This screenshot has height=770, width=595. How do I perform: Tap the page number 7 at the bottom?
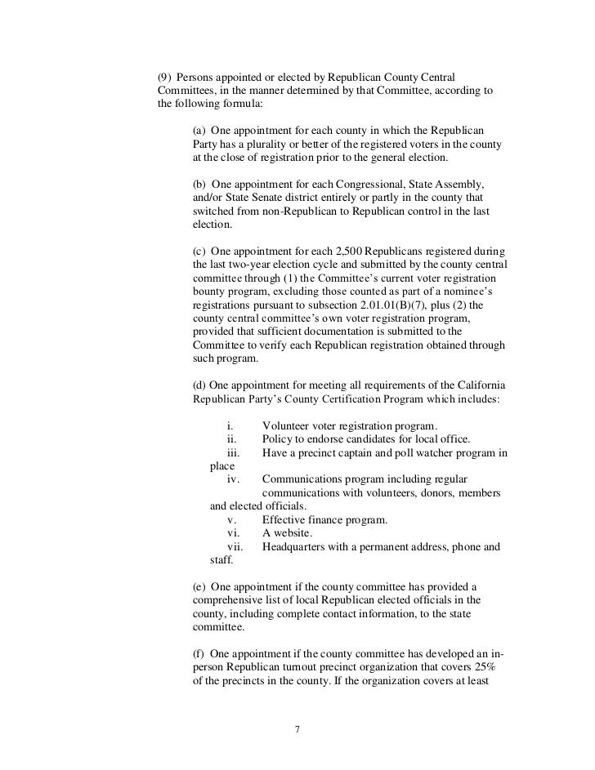tap(297, 728)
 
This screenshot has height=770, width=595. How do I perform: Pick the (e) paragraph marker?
tap(199, 587)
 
